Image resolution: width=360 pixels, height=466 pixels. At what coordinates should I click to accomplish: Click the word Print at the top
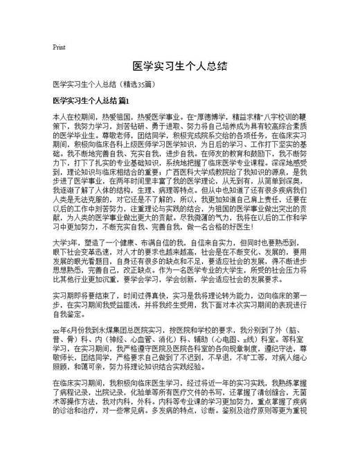pyautogui.click(x=59, y=47)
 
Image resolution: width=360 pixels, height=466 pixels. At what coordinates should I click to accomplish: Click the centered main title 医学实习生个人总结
pyautogui.click(x=179, y=67)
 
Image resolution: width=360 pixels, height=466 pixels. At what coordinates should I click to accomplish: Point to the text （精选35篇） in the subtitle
pyautogui.click(x=136, y=84)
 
